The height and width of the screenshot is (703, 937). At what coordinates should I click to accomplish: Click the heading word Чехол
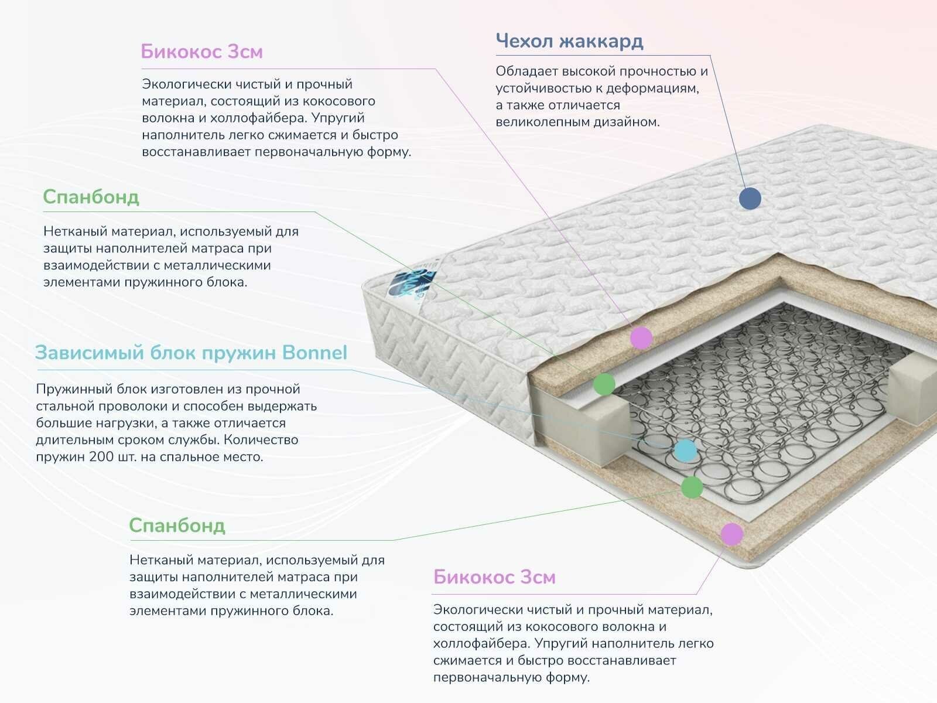coord(524,42)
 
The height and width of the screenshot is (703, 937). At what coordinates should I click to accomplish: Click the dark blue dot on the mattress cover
coord(750,198)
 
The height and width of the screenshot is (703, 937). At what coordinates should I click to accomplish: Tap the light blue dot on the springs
coord(685,450)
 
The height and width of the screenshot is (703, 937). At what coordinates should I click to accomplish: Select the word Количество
coord(261,440)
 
